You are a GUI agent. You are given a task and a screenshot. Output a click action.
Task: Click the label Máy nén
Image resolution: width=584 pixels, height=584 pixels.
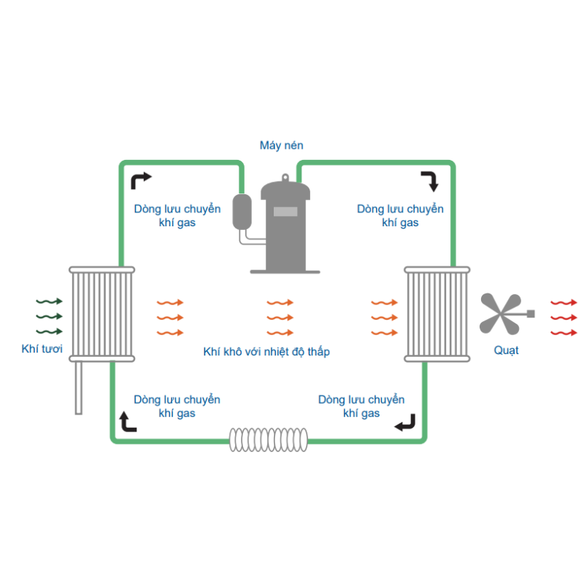click(281, 146)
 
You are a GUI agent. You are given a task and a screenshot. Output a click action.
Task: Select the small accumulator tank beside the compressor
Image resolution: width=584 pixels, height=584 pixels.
click(242, 211)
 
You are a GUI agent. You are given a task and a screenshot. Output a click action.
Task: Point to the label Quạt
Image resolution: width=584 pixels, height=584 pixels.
click(506, 351)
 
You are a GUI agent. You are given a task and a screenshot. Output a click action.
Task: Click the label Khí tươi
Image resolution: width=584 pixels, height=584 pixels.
click(42, 350)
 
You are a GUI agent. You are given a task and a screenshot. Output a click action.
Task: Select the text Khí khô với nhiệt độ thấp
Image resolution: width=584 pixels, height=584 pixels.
click(266, 352)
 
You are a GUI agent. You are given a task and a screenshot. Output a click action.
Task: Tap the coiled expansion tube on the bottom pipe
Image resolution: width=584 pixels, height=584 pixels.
click(269, 439)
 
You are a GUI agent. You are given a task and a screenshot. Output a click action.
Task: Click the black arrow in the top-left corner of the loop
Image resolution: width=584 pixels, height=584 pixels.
click(141, 180)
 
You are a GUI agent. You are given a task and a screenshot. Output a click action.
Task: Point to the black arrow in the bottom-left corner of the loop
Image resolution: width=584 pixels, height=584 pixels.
click(128, 421)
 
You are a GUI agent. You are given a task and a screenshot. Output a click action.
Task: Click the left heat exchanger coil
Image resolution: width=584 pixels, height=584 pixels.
click(101, 314)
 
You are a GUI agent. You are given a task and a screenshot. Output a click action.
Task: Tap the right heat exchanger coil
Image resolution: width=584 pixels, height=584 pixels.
click(437, 314)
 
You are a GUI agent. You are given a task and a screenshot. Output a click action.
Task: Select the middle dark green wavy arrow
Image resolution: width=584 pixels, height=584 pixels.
click(49, 316)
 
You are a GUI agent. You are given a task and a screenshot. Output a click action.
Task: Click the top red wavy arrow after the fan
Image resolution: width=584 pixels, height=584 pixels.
click(564, 301)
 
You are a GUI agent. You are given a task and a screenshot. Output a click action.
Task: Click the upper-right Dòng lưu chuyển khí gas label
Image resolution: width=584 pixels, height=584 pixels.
click(400, 215)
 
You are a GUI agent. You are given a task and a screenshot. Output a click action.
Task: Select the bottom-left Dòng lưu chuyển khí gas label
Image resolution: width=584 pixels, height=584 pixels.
click(177, 407)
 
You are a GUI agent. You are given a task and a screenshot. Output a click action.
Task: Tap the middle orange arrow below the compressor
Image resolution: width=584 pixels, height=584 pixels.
click(280, 318)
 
